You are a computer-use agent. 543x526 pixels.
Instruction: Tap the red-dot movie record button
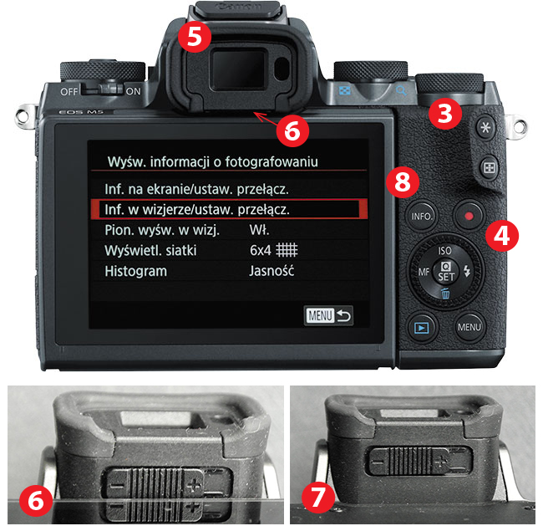click(x=469, y=216)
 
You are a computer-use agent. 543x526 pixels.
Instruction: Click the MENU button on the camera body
click(x=469, y=327)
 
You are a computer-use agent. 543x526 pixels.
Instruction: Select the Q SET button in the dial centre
click(x=445, y=272)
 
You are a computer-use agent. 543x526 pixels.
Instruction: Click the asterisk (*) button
click(x=485, y=128)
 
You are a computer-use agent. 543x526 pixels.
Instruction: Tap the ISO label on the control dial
click(x=444, y=251)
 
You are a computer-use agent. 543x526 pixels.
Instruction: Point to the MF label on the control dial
click(x=424, y=272)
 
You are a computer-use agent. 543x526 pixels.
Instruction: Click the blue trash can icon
click(x=445, y=294)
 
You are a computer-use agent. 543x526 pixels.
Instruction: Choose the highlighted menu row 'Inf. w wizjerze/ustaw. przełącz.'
click(x=229, y=209)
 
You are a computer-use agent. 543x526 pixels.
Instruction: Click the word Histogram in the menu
click(x=135, y=271)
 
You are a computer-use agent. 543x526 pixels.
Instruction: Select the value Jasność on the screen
click(x=271, y=271)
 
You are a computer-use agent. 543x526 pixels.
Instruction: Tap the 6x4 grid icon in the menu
click(x=287, y=250)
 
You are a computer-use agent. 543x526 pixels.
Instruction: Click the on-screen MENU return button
click(x=328, y=315)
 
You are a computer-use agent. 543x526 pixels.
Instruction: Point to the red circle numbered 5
click(x=195, y=36)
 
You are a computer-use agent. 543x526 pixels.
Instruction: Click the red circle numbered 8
click(x=403, y=181)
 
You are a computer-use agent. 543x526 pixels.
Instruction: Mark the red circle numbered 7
click(x=318, y=496)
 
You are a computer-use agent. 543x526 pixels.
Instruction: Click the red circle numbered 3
click(x=445, y=113)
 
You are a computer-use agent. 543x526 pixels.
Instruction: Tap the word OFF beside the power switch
click(x=69, y=91)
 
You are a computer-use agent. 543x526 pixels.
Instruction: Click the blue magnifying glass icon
click(x=401, y=90)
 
